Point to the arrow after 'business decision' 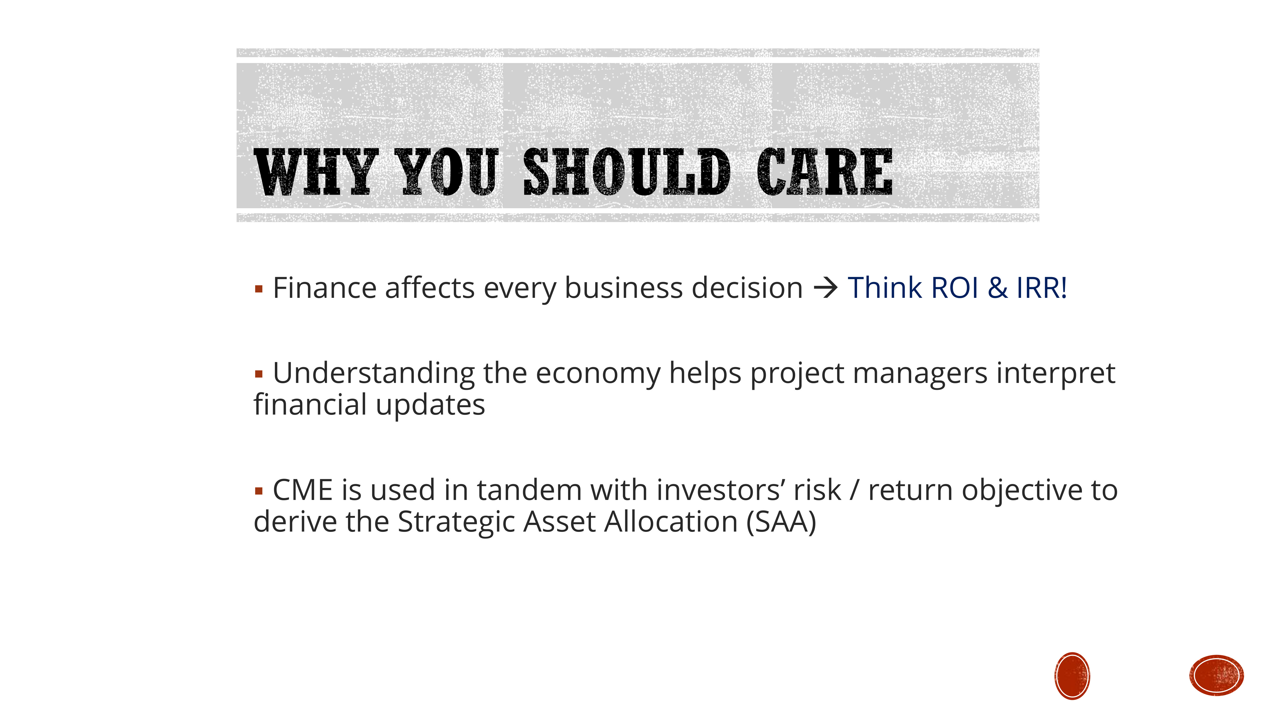tap(825, 288)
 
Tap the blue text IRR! tap(1041, 288)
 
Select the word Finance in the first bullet tap(324, 288)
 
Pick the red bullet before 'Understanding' tap(258, 374)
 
